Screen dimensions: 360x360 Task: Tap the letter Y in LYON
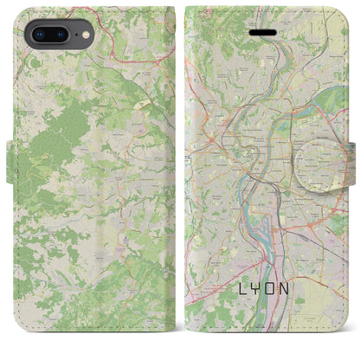click(x=260, y=309)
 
